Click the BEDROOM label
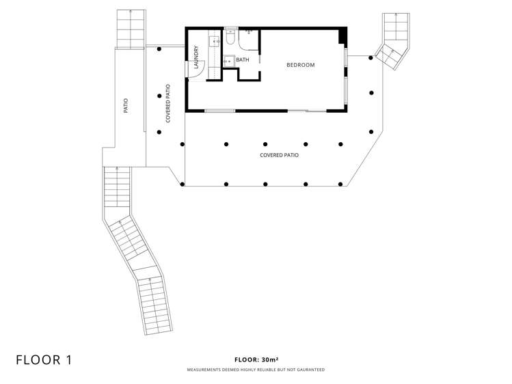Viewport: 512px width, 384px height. coord(300,65)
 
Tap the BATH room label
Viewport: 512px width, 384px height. coord(242,59)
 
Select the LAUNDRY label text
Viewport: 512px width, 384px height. coord(196,57)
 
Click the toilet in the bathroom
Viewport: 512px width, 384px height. coord(230,36)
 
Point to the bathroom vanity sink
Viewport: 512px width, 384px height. coord(229,61)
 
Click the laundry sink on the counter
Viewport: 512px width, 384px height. coord(214,42)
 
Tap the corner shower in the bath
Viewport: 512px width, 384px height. coord(249,39)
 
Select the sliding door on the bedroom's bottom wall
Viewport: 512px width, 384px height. coord(307,111)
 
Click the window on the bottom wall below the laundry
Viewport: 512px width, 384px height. coord(220,111)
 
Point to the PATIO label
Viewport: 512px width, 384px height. coord(126,106)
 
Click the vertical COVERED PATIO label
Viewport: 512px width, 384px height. coord(168,103)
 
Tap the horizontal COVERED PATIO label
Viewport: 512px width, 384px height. coord(279,155)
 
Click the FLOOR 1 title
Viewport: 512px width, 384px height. coord(44,360)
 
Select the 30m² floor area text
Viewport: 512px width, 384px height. coord(270,359)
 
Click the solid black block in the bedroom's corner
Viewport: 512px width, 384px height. coord(342,36)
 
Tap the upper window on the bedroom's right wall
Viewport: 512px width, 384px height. coord(346,58)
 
